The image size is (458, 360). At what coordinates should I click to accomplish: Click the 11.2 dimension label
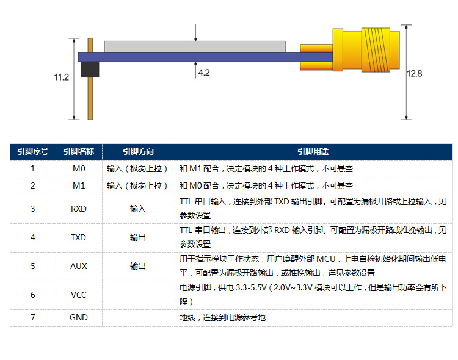point(61,77)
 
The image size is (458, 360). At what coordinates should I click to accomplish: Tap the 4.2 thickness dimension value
point(204,73)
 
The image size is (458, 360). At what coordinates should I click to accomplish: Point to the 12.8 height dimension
point(414,74)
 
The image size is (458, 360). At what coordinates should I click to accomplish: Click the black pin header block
point(90,70)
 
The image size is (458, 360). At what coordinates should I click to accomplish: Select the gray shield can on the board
point(195,47)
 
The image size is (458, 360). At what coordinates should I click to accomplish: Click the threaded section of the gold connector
point(376,50)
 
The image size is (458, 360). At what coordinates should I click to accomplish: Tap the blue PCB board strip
point(205,57)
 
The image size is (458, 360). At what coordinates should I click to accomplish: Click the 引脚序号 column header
point(33,151)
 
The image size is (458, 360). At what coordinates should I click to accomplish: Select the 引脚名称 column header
point(79,151)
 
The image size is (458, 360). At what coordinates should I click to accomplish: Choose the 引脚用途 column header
point(313,151)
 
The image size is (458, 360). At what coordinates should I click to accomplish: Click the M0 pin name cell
point(79,169)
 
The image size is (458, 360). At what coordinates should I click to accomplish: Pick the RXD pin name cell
point(79,209)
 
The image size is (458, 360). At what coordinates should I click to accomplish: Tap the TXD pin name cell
point(79,238)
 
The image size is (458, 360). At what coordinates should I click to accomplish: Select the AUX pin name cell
point(79,266)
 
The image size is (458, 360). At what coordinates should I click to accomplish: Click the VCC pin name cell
point(79,295)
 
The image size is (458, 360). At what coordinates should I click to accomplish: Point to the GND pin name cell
point(79,318)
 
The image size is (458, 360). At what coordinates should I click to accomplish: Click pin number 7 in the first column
point(33,318)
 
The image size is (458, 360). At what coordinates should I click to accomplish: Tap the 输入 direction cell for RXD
point(138,209)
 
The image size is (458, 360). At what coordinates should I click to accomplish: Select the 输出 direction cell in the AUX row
point(138,266)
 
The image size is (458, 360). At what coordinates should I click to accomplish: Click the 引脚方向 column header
point(139,151)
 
